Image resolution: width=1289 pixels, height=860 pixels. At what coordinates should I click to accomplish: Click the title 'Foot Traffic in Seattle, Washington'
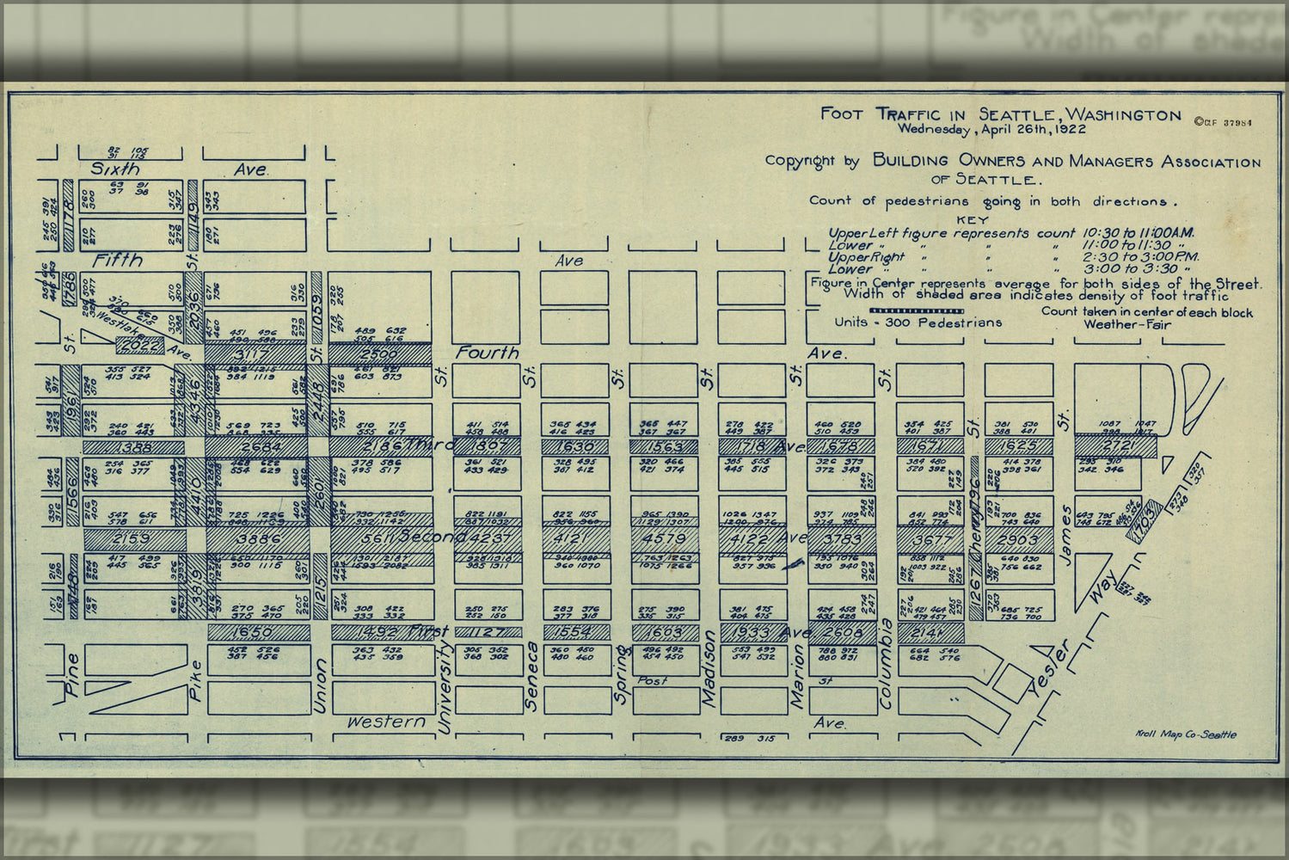point(1000,114)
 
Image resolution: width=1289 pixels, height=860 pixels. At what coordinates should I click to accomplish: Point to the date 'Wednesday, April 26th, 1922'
point(991,130)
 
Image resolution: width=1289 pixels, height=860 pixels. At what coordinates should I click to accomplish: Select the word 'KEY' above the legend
point(972,219)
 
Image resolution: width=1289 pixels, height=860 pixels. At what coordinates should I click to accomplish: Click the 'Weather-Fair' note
point(1126,325)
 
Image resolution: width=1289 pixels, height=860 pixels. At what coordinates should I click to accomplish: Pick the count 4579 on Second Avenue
point(663,540)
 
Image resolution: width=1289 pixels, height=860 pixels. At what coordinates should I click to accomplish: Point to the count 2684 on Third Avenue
point(255,448)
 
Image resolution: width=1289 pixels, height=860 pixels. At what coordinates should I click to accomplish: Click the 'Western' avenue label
point(386,722)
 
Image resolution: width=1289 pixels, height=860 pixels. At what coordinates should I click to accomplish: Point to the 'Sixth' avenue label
point(115,169)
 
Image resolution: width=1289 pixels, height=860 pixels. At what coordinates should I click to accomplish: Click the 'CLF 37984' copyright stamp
point(1222,122)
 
